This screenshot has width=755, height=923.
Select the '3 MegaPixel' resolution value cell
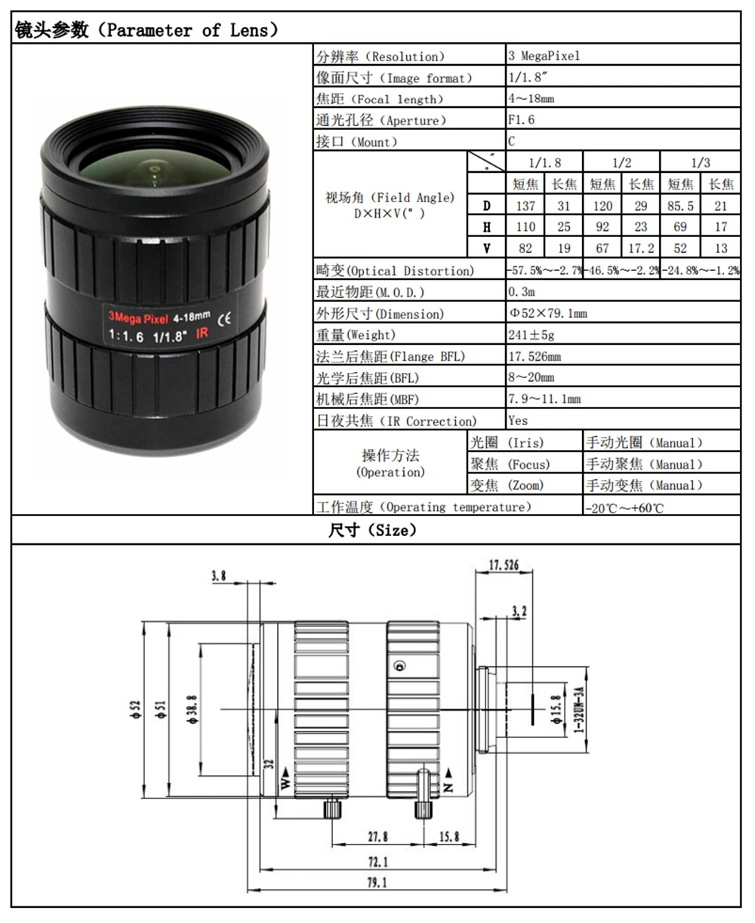pos(544,57)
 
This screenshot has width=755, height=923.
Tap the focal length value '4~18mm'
pos(531,99)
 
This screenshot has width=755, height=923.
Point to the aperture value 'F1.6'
pos(521,120)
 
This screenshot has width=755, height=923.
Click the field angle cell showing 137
pos(525,205)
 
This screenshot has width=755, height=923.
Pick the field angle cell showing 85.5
pos(680,205)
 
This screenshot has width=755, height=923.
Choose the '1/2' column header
pos(621,162)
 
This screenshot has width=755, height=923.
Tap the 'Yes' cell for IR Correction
pos(518,420)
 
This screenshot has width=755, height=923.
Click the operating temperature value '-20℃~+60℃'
pos(624,508)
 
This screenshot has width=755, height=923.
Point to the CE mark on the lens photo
pos(225,318)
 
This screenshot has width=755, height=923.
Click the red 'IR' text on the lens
pos(202,333)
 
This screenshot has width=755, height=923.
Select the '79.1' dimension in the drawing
pos(377,882)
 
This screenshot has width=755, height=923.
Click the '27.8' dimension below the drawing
pos(377,836)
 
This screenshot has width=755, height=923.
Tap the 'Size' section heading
pos(373,531)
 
